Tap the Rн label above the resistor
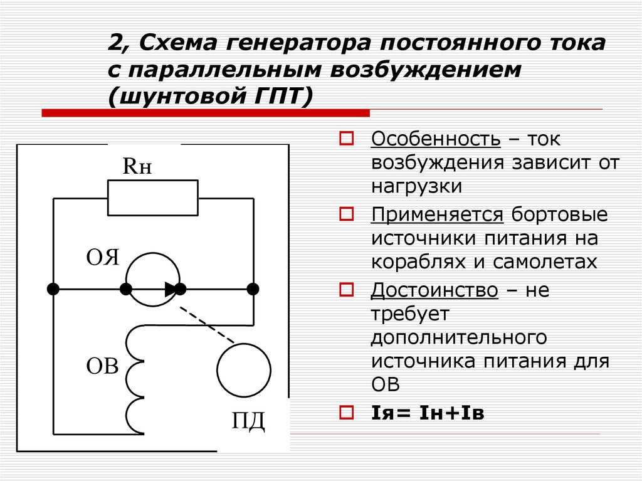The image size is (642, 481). tap(137, 166)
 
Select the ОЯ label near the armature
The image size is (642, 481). tap(102, 258)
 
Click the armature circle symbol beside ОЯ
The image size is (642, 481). tap(153, 254)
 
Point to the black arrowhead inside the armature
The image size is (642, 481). tap(171, 289)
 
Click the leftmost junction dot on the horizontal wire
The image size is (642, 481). tap(53, 289)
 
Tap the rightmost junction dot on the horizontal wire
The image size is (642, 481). tap(253, 289)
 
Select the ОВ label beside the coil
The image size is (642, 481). tap(102, 366)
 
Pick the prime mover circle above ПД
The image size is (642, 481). tap(244, 344)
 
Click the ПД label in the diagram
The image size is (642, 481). tap(248, 421)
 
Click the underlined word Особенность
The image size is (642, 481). tap(436, 139)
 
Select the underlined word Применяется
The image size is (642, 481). tap(437, 214)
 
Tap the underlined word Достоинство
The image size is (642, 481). tap(434, 290)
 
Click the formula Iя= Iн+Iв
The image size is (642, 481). tap(428, 413)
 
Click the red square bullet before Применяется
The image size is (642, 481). tap(346, 214)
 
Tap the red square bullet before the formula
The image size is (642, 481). tap(346, 412)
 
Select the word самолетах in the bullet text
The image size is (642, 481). tap(545, 262)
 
